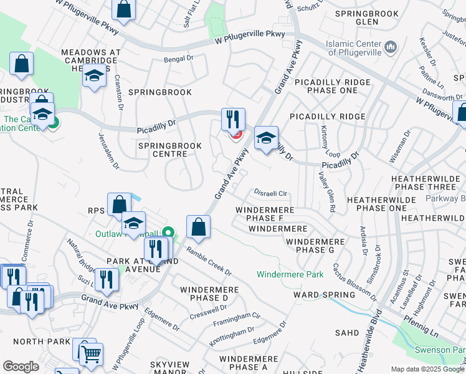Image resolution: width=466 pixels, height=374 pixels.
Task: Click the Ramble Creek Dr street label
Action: (207, 264)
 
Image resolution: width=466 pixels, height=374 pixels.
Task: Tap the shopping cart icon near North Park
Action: (92, 354)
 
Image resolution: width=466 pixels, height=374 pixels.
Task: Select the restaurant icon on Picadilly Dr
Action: (233, 119)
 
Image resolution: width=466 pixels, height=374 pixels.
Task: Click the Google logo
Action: (21, 367)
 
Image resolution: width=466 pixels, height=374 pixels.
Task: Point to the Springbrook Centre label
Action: (169, 150)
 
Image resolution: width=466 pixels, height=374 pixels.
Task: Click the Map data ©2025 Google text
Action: (427, 369)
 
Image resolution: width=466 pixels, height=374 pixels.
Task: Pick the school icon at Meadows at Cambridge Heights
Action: (94, 77)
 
